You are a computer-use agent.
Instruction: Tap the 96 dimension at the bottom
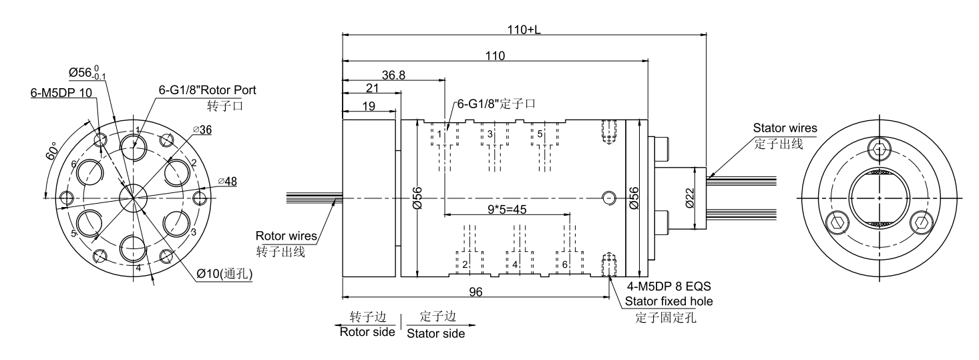(475, 292)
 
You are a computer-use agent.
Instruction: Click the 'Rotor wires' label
(285, 236)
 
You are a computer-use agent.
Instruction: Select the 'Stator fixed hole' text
(668, 301)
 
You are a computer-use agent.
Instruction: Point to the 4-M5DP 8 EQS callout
(668, 288)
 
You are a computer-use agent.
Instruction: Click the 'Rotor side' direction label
(367, 333)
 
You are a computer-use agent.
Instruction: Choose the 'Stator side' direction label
(436, 333)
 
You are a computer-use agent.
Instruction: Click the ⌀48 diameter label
(230, 180)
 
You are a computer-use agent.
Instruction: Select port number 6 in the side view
(565, 264)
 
